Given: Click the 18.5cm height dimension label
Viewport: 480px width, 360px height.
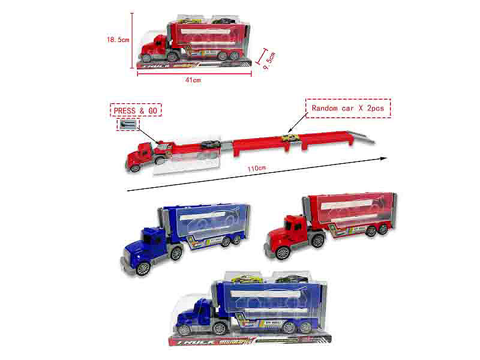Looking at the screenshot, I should point(118,40).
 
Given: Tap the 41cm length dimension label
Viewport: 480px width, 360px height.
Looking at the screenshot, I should point(193,79).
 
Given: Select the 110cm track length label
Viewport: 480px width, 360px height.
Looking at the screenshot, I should point(256,169).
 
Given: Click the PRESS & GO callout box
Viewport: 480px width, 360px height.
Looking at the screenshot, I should point(136,111).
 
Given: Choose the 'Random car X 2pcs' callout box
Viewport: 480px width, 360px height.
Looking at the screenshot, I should point(348,108).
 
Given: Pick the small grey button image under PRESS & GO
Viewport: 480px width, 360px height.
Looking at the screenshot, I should point(128,125).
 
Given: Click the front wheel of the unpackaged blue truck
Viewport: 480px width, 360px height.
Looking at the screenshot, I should point(142,268).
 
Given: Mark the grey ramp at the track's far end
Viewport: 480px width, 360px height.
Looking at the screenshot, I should point(359,135).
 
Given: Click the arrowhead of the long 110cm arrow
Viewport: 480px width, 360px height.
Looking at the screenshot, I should point(382,158).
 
